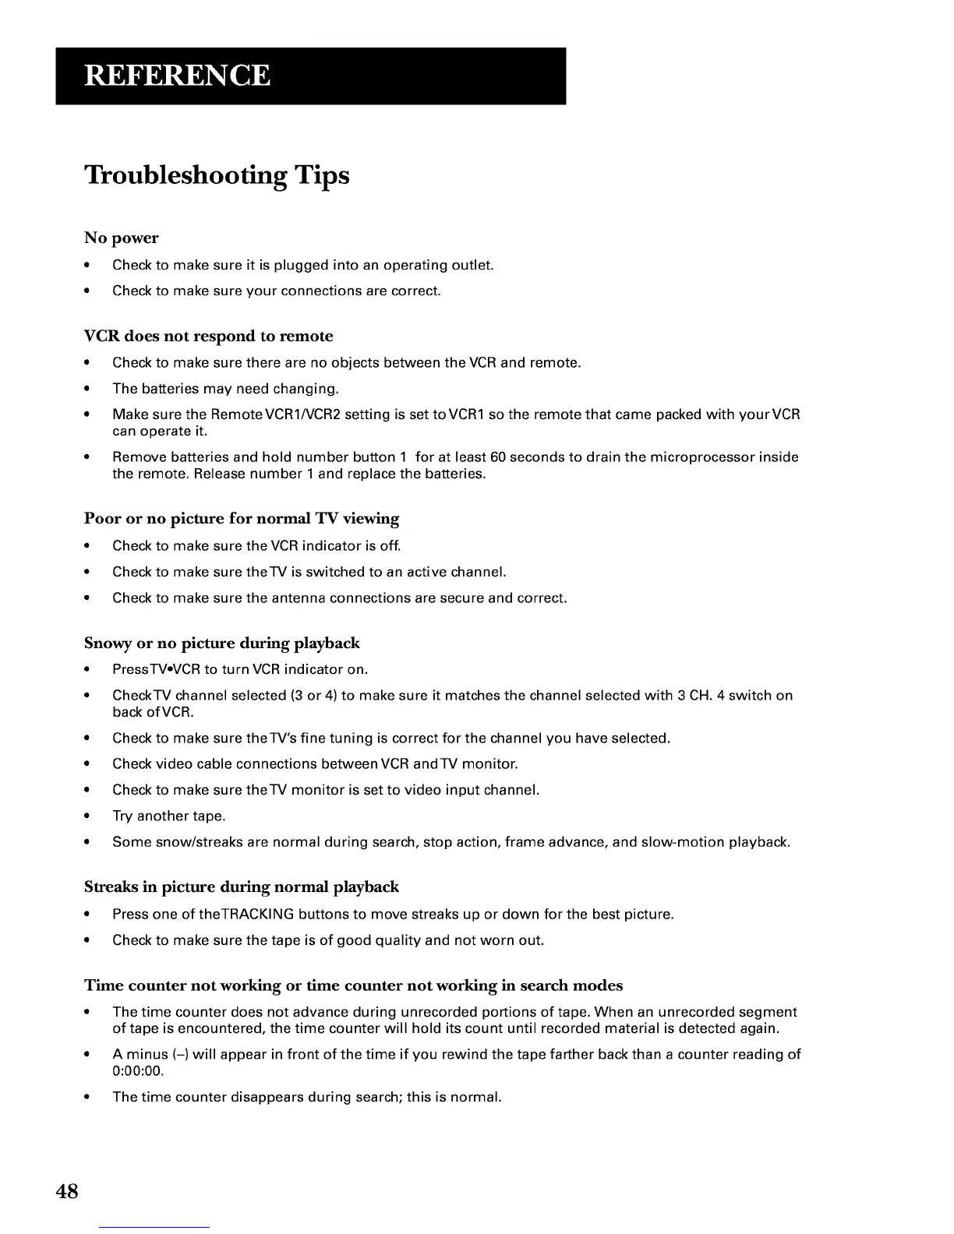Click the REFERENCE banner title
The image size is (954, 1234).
177,76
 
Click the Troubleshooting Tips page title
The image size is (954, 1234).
217,175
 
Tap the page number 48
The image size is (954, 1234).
67,1191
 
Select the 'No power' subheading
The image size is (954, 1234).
121,238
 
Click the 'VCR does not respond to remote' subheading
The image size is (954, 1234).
208,336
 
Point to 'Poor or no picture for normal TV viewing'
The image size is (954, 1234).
241,518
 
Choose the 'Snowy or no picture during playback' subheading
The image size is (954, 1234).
221,643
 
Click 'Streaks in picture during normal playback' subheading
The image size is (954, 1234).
241,887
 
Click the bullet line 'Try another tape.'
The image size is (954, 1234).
168,816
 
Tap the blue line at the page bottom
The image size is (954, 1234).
155,1228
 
